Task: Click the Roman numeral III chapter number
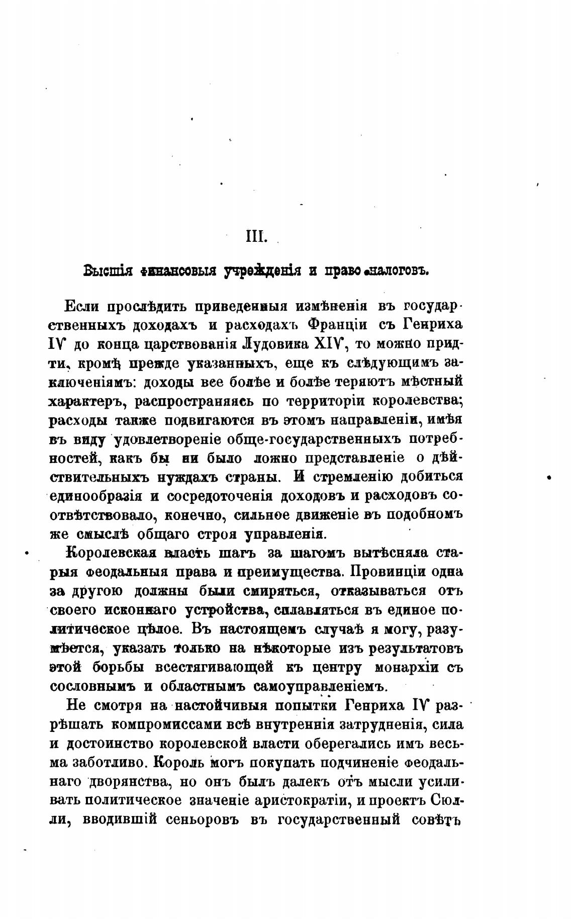[x=255, y=237]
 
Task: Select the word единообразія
[x=95, y=496]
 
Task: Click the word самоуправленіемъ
[x=321, y=686]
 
